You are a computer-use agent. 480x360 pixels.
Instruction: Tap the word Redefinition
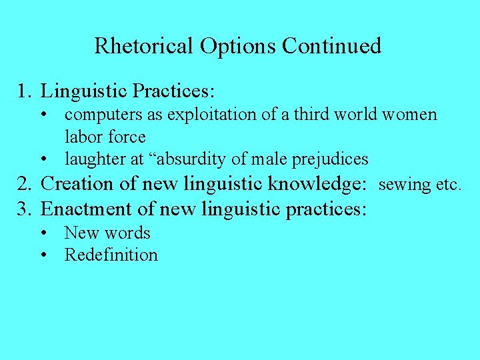click(111, 255)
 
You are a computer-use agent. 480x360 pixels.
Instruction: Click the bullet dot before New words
click(43, 233)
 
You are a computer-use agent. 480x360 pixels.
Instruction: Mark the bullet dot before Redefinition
click(43, 255)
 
